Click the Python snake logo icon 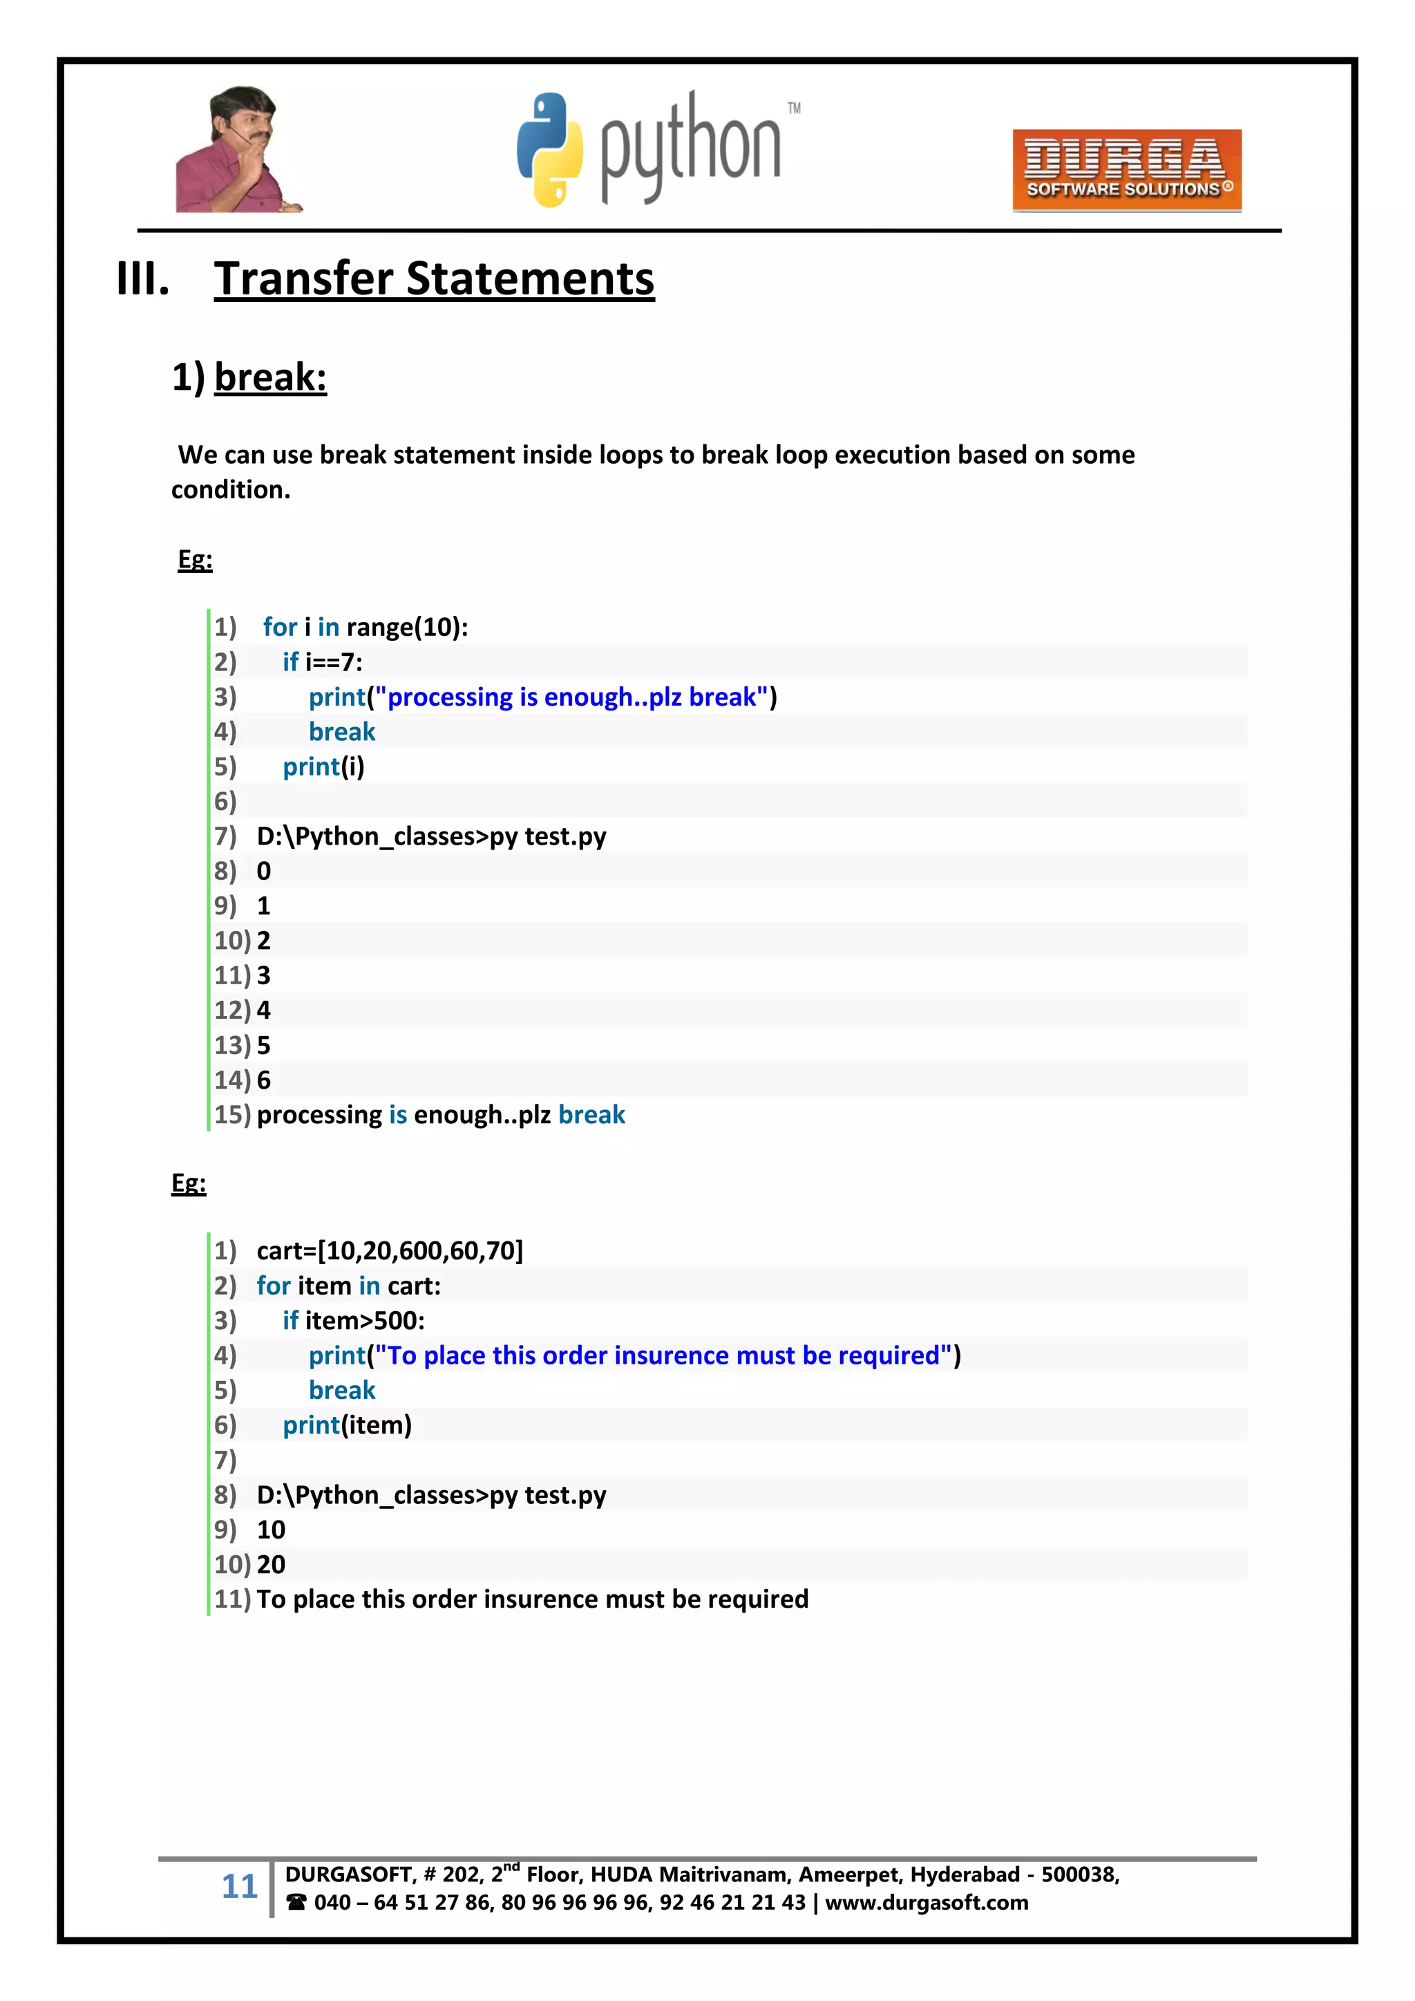549,150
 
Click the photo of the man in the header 236,150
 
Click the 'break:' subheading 270,377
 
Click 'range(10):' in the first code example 407,627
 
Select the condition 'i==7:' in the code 334,661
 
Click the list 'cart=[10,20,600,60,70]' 390,1250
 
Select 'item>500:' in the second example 365,1320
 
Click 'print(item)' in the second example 347,1425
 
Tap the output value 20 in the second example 271,1564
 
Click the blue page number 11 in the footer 240,1886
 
